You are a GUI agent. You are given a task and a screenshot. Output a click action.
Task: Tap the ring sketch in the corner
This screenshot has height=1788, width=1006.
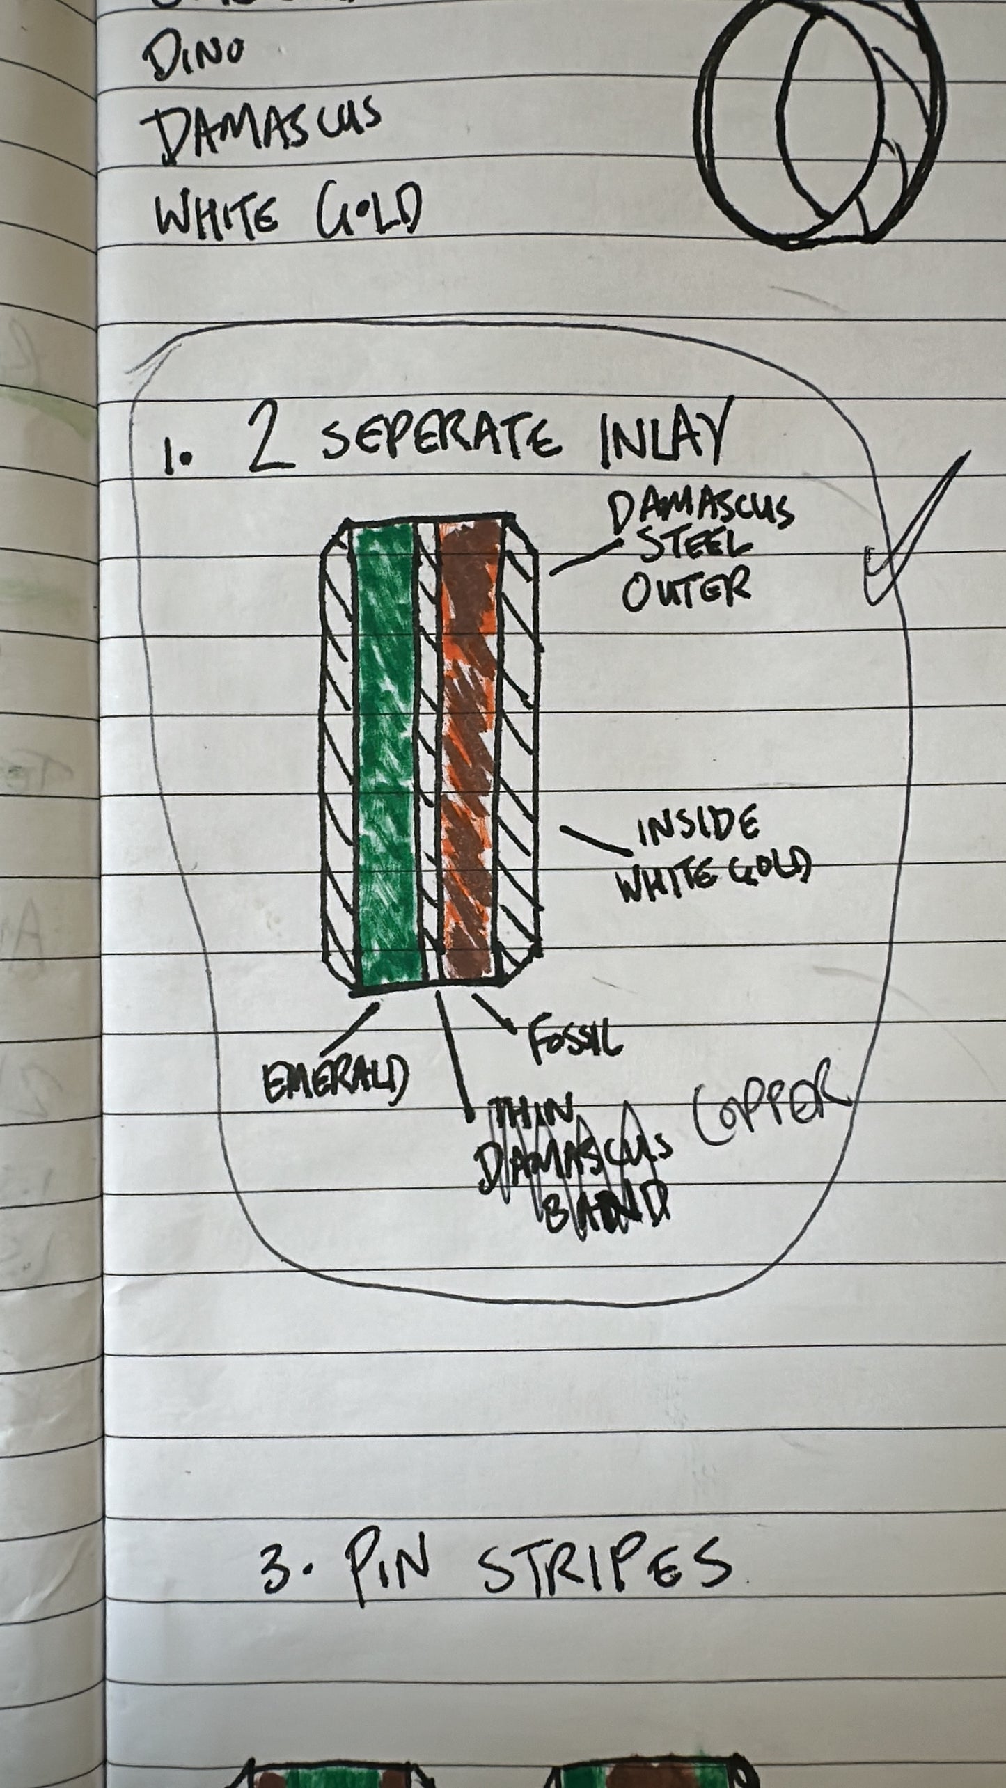pos(822,125)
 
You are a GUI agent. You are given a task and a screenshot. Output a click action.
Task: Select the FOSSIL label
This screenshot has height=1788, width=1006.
pos(575,1041)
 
